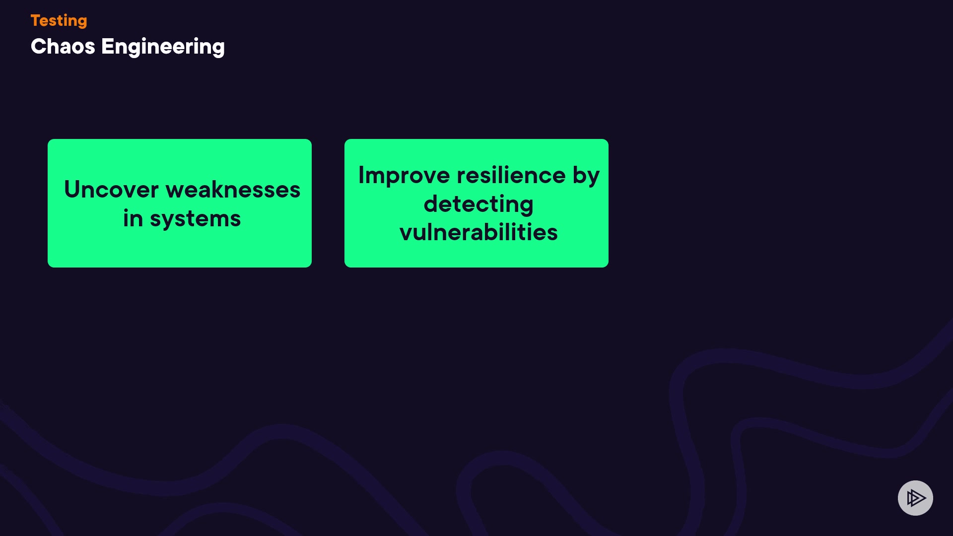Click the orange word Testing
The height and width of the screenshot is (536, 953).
59,21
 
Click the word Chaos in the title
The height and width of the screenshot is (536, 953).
63,47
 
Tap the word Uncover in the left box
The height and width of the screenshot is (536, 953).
111,190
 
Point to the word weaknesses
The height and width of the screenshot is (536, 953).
233,190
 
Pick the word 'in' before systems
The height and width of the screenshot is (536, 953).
133,218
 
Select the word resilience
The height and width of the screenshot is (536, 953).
511,175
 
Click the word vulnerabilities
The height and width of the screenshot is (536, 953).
478,232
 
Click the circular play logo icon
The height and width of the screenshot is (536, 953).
915,498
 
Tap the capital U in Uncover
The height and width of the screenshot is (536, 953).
73,190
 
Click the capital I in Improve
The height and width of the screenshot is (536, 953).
361,175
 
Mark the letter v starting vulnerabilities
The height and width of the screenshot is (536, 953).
407,234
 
